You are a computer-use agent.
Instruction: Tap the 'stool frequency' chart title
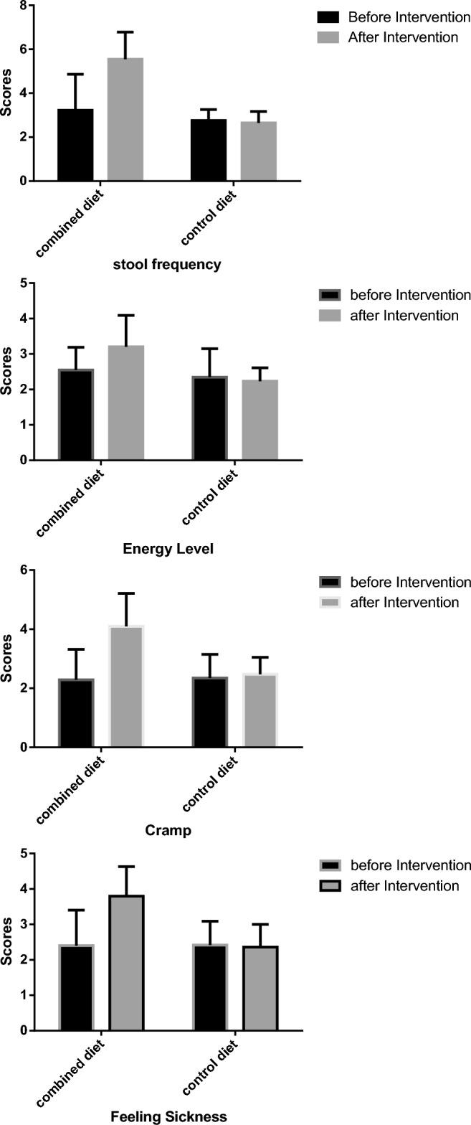point(167,265)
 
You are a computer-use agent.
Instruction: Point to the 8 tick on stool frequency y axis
point(23,6)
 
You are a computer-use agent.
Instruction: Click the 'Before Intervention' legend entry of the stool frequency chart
point(393,17)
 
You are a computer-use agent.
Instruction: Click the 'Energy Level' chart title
point(168,550)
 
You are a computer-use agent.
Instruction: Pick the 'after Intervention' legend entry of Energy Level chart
point(393,315)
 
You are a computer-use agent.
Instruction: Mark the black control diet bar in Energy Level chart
point(209,418)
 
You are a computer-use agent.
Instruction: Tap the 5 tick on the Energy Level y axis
point(23,283)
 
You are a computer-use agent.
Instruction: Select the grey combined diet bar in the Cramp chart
point(126,687)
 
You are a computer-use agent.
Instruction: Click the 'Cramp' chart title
point(168,831)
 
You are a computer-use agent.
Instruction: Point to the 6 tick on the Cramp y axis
point(23,570)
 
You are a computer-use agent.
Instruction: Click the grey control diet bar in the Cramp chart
point(260,710)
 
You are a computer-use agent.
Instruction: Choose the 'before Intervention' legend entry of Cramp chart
point(393,582)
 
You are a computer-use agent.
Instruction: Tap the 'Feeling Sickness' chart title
point(168,1116)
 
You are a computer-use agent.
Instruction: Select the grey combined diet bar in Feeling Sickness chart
point(126,963)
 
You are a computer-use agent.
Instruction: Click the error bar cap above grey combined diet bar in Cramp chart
point(126,593)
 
